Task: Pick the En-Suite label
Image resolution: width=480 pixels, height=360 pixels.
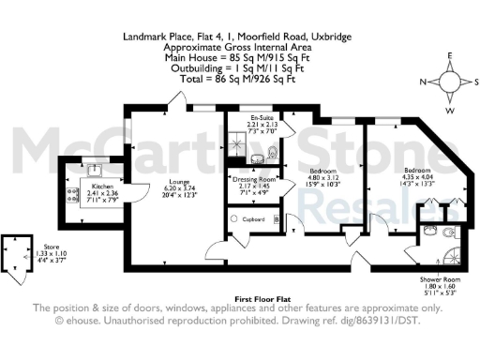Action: click(248, 117)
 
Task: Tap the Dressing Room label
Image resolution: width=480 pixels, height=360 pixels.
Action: click(254, 178)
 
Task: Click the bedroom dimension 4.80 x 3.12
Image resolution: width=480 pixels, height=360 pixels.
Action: click(322, 176)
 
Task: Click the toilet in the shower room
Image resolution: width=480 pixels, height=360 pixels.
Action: click(449, 232)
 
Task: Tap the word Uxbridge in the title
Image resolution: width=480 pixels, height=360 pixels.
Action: click(335, 37)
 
